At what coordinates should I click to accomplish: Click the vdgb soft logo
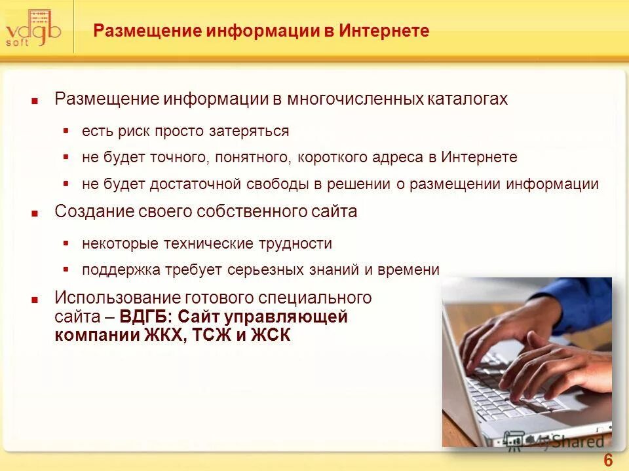(x=33, y=29)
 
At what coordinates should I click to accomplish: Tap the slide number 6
(x=608, y=461)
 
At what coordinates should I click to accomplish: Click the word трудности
(x=300, y=243)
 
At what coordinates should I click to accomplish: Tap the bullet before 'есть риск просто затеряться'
(x=66, y=131)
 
